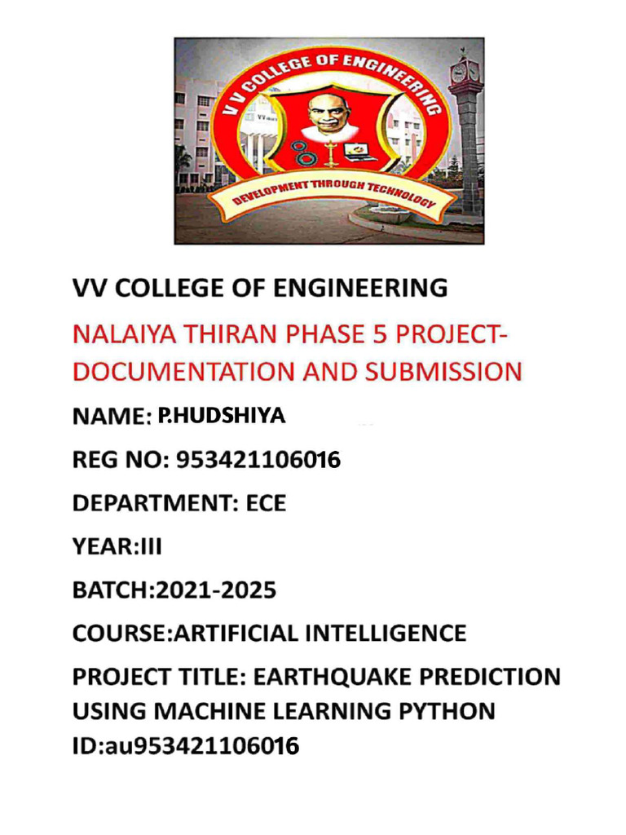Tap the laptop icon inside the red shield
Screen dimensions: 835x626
pos(356,152)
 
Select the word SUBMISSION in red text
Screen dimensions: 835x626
pos(440,372)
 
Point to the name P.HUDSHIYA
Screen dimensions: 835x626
pos(221,416)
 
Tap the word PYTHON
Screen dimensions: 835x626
pos(447,711)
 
